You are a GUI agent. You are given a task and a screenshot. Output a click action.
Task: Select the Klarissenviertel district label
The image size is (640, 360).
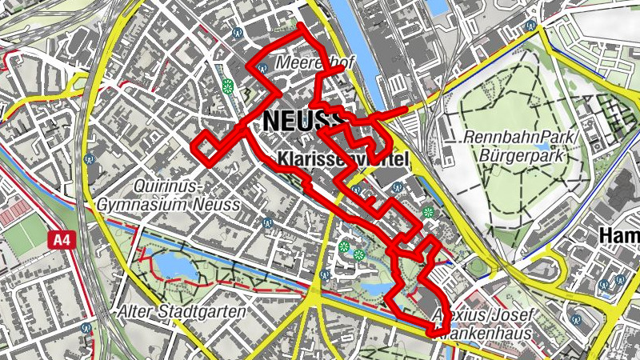pos(343,160)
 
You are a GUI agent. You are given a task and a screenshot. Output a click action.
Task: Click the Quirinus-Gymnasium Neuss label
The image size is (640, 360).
pos(167,196)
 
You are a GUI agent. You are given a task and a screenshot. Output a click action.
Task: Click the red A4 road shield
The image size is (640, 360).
pos(61,238)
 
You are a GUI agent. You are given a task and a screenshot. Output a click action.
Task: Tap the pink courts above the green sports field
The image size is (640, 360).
pos(16,214)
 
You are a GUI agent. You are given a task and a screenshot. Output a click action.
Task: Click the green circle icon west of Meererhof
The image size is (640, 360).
pos(228,86)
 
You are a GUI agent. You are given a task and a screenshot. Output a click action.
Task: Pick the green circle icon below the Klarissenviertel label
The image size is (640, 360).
pos(430,213)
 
